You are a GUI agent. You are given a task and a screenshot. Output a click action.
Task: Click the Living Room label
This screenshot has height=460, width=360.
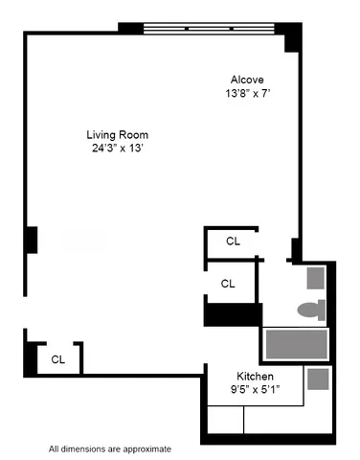(117, 134)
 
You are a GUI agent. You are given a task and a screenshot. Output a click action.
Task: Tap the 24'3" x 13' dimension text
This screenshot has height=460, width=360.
(117, 148)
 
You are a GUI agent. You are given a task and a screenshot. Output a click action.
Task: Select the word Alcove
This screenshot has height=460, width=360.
(246, 80)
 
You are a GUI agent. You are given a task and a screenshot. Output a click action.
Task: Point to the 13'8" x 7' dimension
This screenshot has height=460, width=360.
(246, 94)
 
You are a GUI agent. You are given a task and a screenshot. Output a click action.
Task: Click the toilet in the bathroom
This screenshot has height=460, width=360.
(310, 310)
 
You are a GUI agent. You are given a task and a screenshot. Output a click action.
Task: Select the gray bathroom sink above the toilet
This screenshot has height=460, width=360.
(316, 278)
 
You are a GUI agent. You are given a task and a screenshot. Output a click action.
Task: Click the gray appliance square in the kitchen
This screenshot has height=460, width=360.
(319, 379)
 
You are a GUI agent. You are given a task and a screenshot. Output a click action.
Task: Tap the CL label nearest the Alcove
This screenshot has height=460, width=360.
(233, 241)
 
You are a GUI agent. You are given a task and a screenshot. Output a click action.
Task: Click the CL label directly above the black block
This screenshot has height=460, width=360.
(228, 284)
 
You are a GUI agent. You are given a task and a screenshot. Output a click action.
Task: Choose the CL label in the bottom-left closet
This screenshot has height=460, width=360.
(58, 359)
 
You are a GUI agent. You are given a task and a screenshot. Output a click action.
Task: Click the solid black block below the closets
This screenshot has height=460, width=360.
(233, 313)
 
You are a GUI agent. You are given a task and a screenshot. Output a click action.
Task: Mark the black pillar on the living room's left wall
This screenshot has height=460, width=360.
(32, 240)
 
